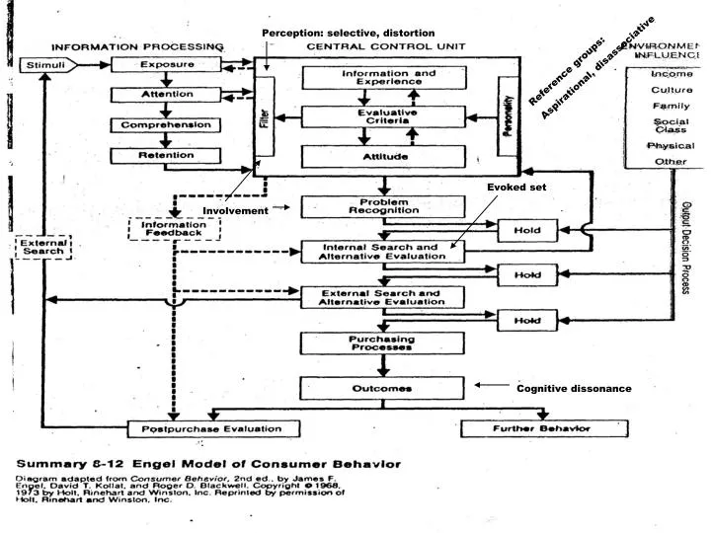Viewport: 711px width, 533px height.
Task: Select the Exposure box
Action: (x=165, y=65)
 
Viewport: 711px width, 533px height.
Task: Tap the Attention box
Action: (x=165, y=95)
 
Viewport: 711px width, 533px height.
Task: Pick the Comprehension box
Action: (x=165, y=125)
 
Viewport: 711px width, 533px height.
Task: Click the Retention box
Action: (x=165, y=155)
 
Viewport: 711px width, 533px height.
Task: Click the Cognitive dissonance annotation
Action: (x=574, y=389)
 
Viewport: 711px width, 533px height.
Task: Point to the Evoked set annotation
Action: (x=510, y=187)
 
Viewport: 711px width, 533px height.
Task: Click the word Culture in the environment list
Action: (x=671, y=89)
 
